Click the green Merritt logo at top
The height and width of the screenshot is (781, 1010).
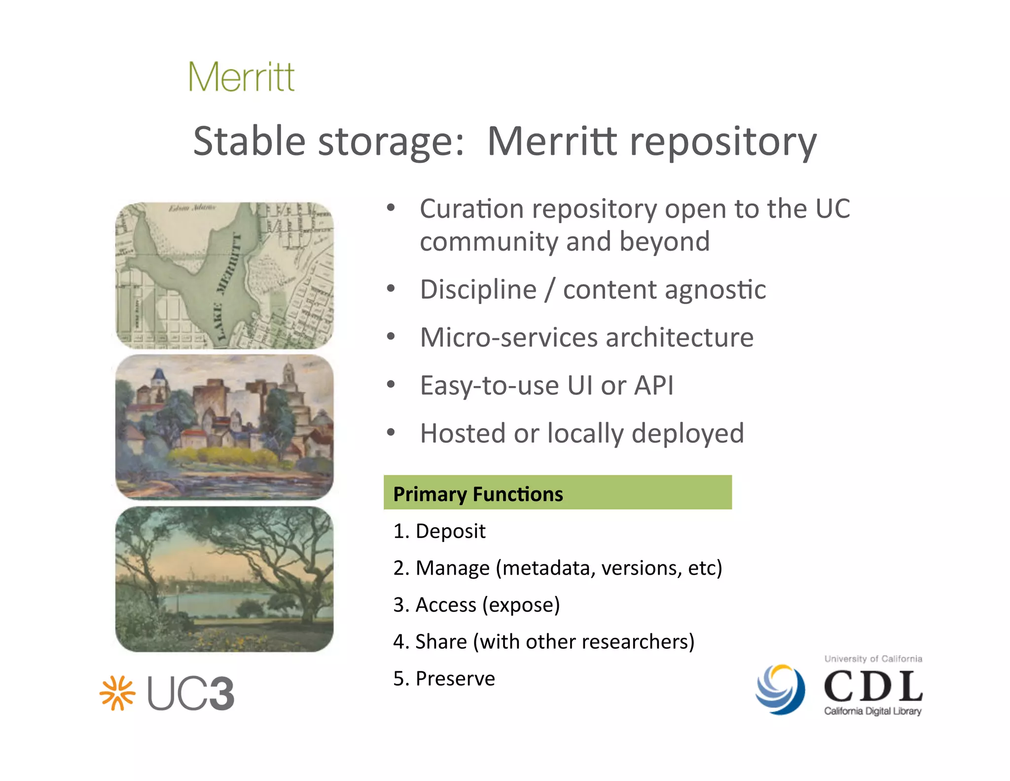click(242, 77)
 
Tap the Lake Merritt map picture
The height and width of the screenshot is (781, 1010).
click(224, 275)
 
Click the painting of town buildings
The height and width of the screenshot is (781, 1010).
click(224, 427)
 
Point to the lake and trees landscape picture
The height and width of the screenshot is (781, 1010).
click(224, 579)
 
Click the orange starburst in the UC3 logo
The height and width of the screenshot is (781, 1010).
click(117, 693)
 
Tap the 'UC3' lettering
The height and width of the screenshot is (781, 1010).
click(191, 694)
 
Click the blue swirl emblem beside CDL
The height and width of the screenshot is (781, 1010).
click(780, 689)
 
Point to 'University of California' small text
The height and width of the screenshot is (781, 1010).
click(873, 659)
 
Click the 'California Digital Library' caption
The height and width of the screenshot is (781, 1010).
click(872, 711)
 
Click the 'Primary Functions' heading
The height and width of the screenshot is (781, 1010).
click(478, 494)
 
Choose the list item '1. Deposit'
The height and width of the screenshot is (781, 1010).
click(439, 531)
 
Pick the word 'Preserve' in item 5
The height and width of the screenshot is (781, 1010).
click(455, 678)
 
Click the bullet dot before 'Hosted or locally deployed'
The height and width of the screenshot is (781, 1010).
click(391, 432)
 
